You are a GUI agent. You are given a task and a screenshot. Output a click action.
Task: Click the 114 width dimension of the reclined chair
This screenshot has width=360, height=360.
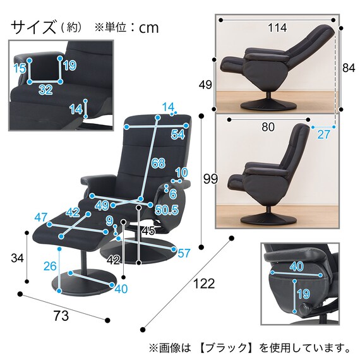click(276, 28)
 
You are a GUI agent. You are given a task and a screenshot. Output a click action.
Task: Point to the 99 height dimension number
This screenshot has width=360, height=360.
click(210, 180)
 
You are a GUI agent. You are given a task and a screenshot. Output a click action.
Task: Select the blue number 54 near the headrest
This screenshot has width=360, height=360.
click(177, 135)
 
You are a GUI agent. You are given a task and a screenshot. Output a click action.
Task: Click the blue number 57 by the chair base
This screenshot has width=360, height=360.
click(184, 254)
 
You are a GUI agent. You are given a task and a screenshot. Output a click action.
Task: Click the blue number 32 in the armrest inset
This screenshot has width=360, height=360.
click(45, 90)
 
